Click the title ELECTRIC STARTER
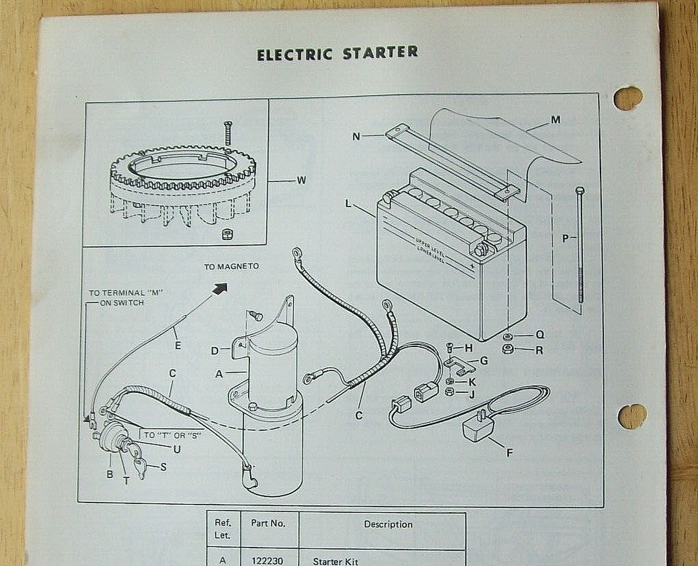(x=337, y=53)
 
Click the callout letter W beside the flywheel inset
(x=301, y=180)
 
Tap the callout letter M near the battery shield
(x=555, y=120)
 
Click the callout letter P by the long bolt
(x=566, y=238)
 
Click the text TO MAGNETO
(x=231, y=266)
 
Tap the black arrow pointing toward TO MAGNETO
(x=219, y=289)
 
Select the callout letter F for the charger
(x=509, y=453)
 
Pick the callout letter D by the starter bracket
(x=214, y=351)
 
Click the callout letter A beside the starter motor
(x=219, y=375)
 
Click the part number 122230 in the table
(x=268, y=561)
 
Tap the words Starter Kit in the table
(x=336, y=561)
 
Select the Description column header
(x=388, y=524)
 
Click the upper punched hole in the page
(x=627, y=98)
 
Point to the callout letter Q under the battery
(x=539, y=335)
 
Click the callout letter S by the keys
(x=163, y=466)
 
